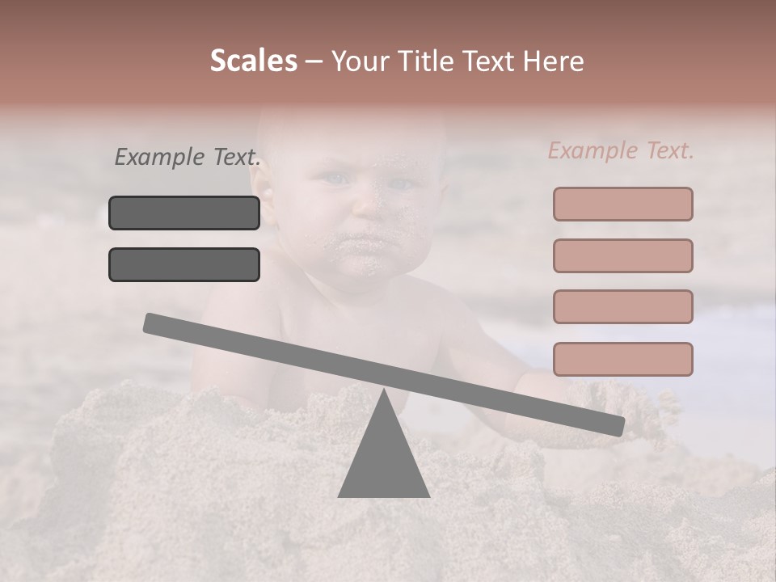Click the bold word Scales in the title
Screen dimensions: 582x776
coord(253,61)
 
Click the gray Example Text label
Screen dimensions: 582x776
coord(188,157)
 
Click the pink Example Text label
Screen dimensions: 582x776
coord(621,150)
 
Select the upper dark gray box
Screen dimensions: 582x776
coord(184,213)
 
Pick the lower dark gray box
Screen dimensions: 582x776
coord(184,264)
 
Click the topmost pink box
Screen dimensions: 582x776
coord(622,205)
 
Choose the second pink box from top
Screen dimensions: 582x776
coord(622,255)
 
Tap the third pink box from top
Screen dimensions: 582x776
coord(622,306)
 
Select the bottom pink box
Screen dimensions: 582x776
coord(622,359)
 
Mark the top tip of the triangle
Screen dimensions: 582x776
coord(383,390)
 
